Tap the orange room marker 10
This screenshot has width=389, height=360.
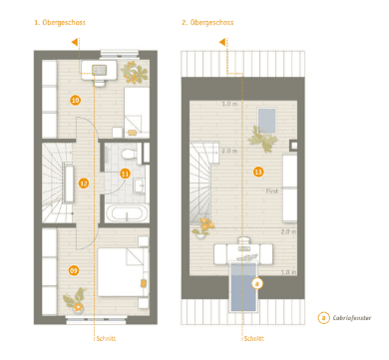(x=75, y=100)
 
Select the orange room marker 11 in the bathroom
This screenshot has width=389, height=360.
(x=125, y=174)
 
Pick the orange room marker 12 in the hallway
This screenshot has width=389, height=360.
(x=84, y=182)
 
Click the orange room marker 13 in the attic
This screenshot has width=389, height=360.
(x=258, y=172)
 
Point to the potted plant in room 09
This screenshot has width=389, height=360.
(x=75, y=296)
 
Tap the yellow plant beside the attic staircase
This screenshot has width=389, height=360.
(x=206, y=225)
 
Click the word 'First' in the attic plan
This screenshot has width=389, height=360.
(x=271, y=187)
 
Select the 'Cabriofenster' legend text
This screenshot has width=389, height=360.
(x=352, y=318)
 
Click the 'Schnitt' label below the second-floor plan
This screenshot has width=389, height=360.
(x=254, y=339)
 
